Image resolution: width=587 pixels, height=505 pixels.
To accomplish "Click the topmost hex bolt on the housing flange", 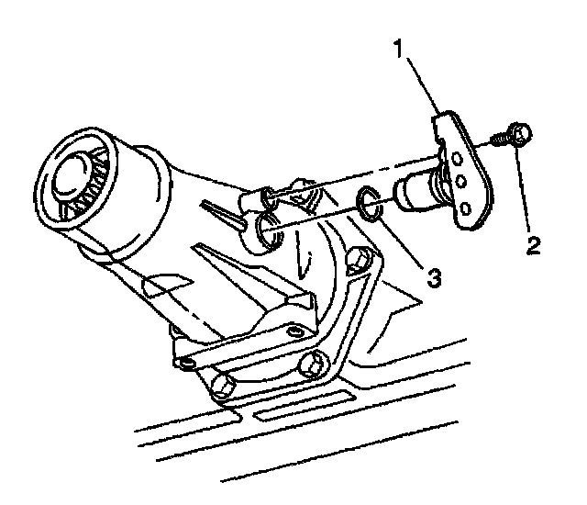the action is (366, 259).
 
